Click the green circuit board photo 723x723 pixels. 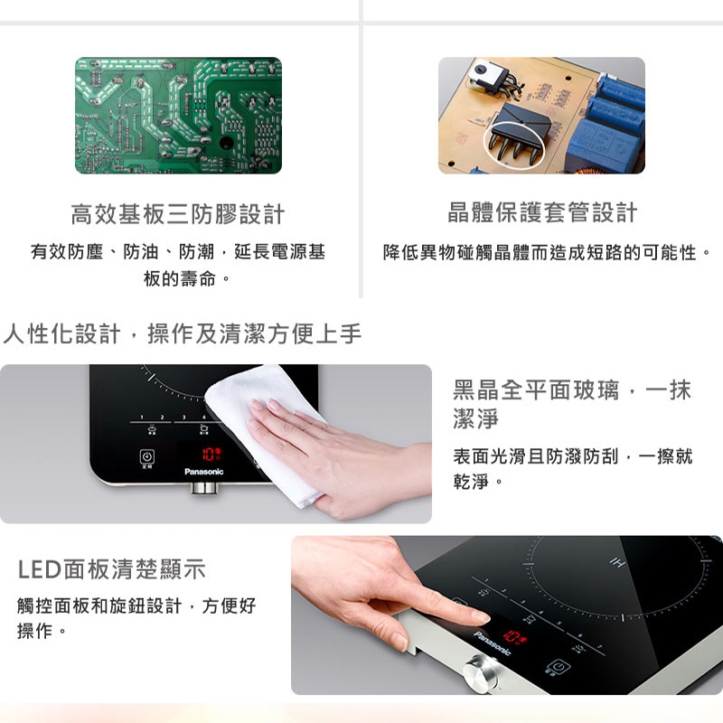tap(178, 115)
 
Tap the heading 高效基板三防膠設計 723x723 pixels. tap(178, 214)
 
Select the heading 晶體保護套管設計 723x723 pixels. tap(542, 213)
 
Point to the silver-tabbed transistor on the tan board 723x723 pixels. tap(484, 78)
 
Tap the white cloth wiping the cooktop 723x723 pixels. tap(262, 425)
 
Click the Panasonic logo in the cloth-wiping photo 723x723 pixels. tap(203, 472)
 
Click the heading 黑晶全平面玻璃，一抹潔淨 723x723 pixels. tap(571, 404)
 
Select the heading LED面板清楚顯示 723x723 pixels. tap(112, 569)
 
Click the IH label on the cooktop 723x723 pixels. tap(618, 563)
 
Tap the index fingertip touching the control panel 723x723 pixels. tap(479, 617)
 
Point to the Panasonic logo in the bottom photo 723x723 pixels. tap(493, 643)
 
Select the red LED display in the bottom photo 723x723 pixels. tap(517, 636)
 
